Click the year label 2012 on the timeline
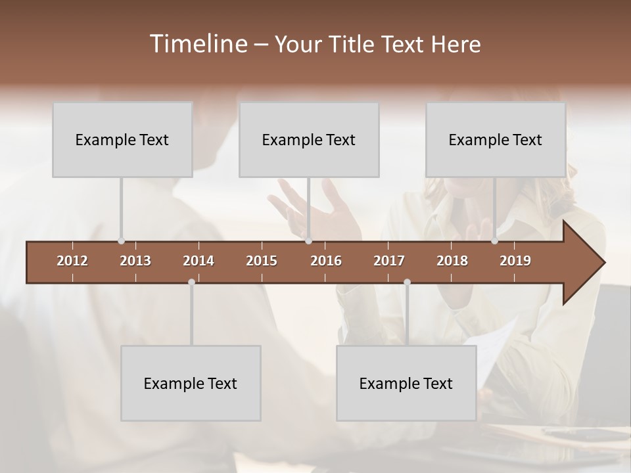[72, 261]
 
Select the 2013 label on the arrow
[135, 261]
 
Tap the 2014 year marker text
[199, 261]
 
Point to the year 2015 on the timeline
[262, 261]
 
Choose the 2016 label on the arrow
[326, 261]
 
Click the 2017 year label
[389, 261]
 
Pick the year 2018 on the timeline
[452, 261]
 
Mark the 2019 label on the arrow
[515, 261]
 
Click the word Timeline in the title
[197, 44]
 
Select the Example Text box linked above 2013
[122, 140]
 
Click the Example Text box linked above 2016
[309, 140]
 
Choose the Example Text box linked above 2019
[496, 140]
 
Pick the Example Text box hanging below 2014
[191, 384]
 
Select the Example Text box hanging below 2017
[406, 384]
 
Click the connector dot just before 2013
[121, 241]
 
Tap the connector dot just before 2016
[308, 241]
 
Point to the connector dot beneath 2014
[191, 282]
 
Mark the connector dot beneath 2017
[407, 282]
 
